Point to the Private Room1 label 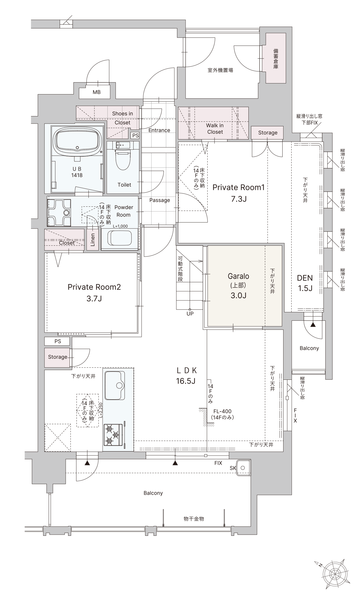tap(238, 187)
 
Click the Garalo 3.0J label tap(238, 286)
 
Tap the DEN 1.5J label tap(305, 283)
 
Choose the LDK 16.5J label tap(186, 376)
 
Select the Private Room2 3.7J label tap(94, 292)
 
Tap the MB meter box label tap(97, 92)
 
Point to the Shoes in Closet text tap(122, 118)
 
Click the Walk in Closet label tap(215, 129)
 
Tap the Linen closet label tap(93, 240)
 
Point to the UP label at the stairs tap(190, 314)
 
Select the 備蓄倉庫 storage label tap(276, 59)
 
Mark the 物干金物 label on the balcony tap(194, 519)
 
